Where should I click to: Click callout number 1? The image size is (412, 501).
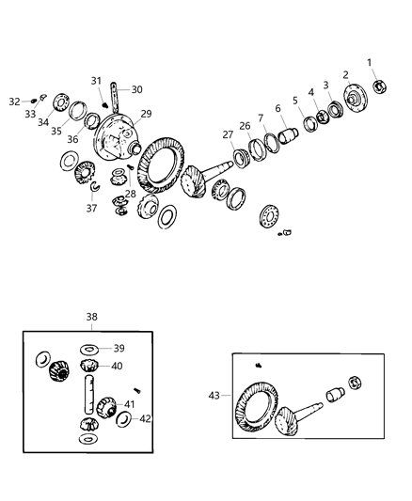(x=370, y=62)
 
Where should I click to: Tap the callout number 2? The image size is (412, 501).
(x=345, y=74)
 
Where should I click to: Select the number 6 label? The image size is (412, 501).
(x=277, y=108)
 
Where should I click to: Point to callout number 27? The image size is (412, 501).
(x=228, y=134)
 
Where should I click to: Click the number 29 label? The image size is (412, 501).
(x=146, y=114)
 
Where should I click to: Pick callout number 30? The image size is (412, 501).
(x=136, y=90)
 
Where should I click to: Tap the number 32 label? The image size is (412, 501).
(x=13, y=101)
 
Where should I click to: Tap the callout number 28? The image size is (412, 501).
(x=130, y=194)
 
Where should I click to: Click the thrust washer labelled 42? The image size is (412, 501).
(x=123, y=417)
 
